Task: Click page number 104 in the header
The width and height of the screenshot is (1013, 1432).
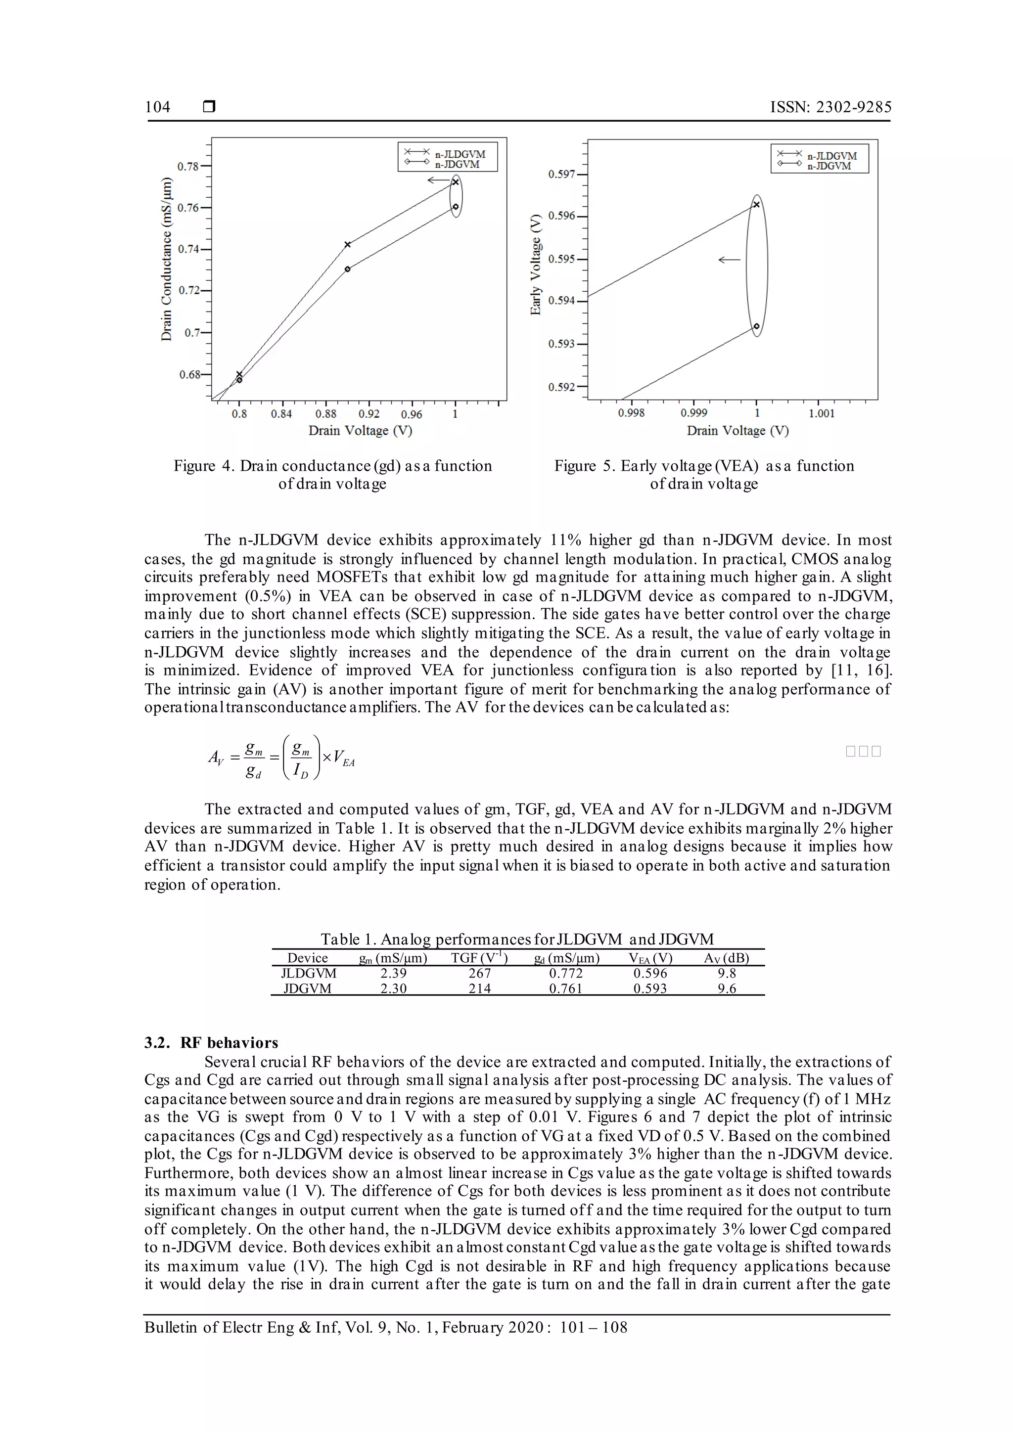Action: point(157,107)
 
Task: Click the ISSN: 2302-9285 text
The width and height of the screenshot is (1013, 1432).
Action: point(830,107)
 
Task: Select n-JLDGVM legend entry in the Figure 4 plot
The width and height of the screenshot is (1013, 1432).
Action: point(460,153)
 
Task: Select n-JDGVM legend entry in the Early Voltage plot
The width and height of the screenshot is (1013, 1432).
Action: point(829,166)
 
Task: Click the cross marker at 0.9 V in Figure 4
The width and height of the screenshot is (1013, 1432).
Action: point(347,244)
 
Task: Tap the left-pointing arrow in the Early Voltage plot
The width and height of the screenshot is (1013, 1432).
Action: point(729,260)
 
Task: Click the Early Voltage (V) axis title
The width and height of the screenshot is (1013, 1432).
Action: point(535,265)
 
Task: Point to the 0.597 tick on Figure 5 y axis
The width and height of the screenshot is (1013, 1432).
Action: point(561,174)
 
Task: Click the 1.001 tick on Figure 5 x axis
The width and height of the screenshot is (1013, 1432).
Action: point(821,413)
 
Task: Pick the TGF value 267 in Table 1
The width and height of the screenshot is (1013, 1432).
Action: point(480,973)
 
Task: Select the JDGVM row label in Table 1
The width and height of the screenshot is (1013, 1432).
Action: point(308,988)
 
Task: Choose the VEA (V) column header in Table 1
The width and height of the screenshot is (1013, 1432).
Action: point(650,958)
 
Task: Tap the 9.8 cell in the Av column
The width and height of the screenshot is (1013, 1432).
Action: point(727,973)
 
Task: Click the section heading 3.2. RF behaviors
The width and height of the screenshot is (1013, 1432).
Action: point(211,1043)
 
